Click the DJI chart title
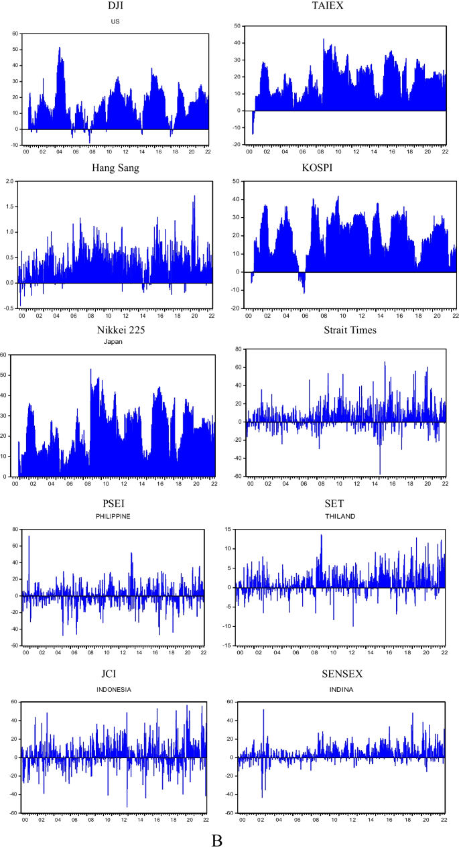(x=115, y=7)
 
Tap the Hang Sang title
(x=115, y=168)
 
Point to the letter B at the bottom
(x=216, y=841)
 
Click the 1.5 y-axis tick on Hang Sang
(x=9, y=206)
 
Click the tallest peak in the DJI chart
(x=60, y=48)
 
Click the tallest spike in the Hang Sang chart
(x=194, y=196)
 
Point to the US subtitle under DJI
(x=115, y=21)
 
